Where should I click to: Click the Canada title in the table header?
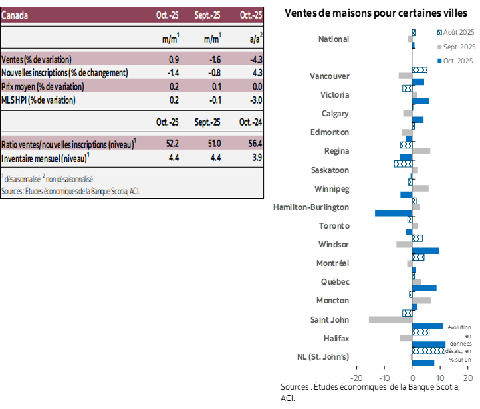pyautogui.click(x=15, y=15)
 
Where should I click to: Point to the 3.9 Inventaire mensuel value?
pyautogui.click(x=256, y=158)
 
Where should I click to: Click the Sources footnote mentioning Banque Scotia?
pyautogui.click(x=70, y=191)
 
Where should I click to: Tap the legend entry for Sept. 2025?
pyautogui.click(x=457, y=47)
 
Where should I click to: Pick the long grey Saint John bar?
pyautogui.click(x=390, y=319)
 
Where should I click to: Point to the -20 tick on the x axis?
pyautogui.click(x=356, y=378)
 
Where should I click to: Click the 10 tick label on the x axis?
pyautogui.click(x=440, y=378)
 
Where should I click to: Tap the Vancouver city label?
pyautogui.click(x=330, y=76)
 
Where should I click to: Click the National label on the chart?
pyautogui.click(x=334, y=39)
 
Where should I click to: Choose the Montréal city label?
pyautogui.click(x=333, y=263)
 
